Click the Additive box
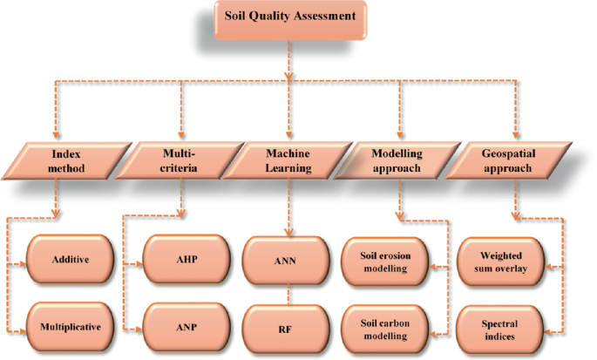67,259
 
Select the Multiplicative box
67,328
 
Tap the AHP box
184,259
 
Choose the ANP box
184,328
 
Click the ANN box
286,259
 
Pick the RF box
286,328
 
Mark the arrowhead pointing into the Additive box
24,259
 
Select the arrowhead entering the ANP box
140,328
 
